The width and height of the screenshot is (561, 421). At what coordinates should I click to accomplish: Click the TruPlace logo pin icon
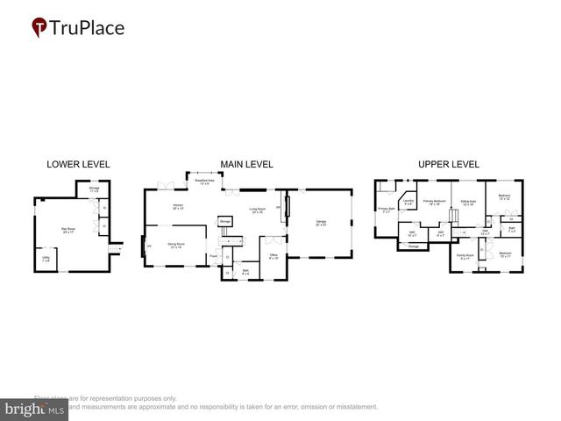coord(39,28)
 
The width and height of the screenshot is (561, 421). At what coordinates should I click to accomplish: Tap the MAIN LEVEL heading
coord(246,164)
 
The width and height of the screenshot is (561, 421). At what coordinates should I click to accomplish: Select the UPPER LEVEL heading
coord(448,164)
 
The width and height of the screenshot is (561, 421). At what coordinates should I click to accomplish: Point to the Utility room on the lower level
coord(46,258)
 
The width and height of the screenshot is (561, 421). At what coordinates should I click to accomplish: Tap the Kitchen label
coord(178,208)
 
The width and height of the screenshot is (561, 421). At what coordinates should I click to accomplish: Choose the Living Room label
coord(258,210)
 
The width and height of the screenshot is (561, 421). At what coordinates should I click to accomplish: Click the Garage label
coord(322,223)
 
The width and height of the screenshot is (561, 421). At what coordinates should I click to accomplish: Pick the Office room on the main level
coord(273,257)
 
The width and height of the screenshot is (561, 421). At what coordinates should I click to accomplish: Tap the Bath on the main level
coord(246,271)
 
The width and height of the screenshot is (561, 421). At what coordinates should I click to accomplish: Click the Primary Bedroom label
coord(433,203)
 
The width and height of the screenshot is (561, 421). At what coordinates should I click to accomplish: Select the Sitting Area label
coord(468,203)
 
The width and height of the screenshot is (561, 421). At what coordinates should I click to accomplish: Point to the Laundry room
coord(408,203)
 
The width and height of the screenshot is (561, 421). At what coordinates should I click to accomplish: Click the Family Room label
coord(464,257)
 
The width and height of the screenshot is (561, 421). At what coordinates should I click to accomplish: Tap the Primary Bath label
coord(386,210)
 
